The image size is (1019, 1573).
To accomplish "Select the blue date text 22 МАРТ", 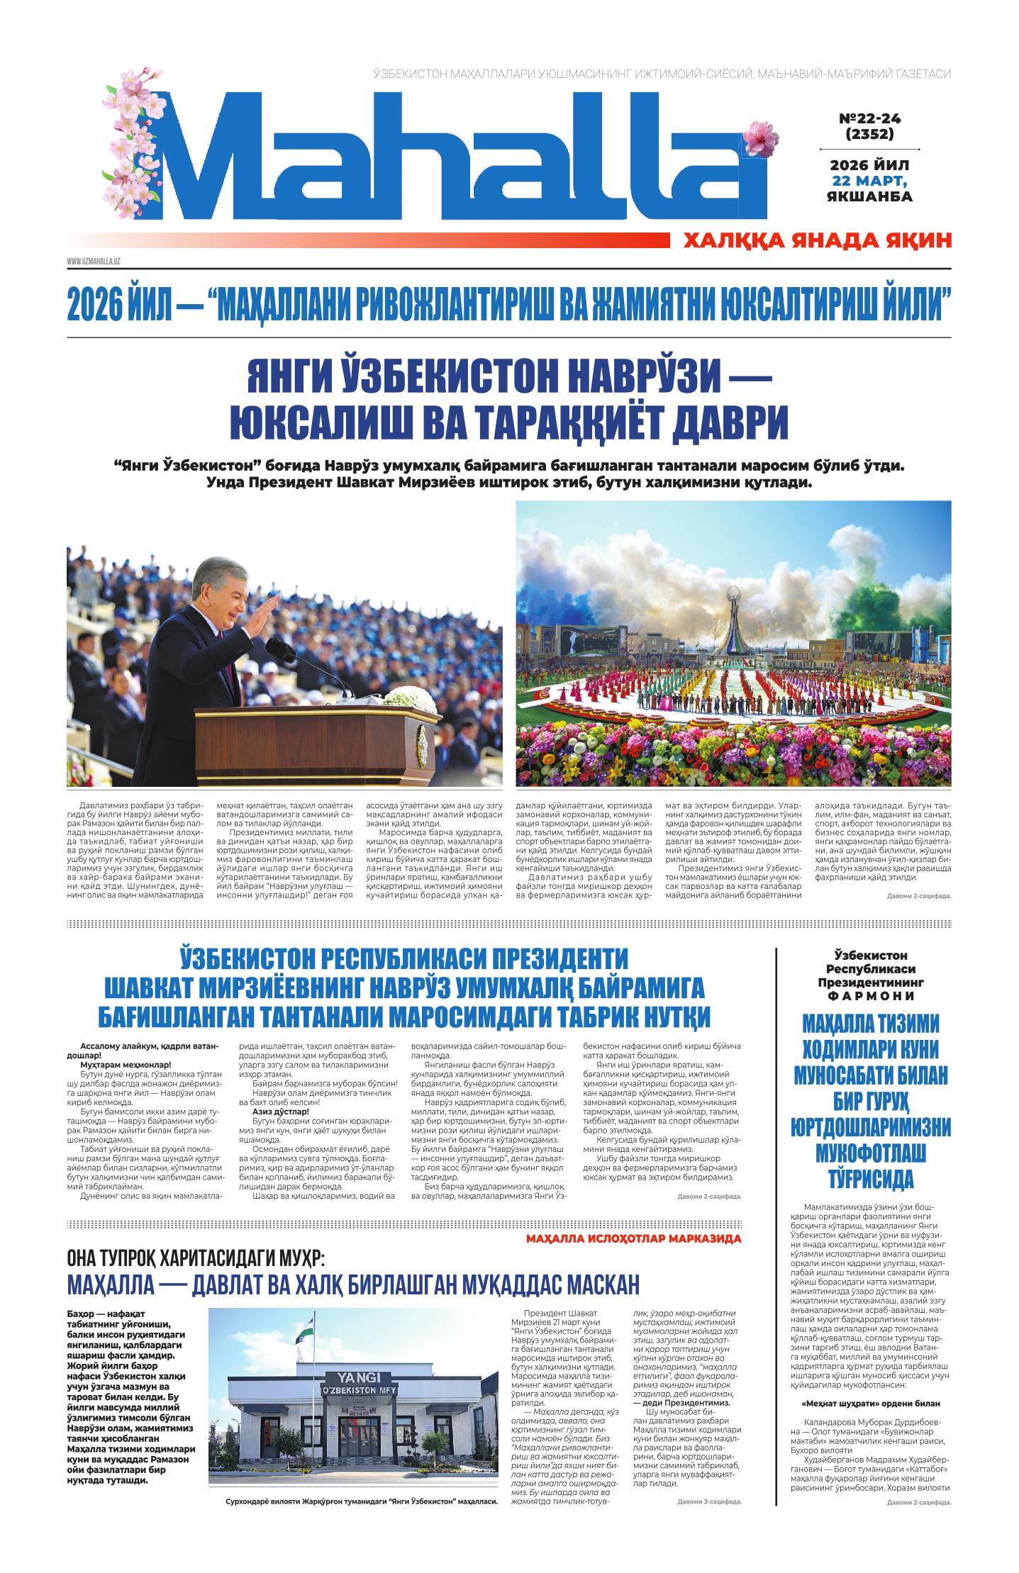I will click(x=869, y=180).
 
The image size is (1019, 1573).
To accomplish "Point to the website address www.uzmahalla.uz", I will click(x=94, y=262).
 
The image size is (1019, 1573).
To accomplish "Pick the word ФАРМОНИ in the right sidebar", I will click(x=874, y=995).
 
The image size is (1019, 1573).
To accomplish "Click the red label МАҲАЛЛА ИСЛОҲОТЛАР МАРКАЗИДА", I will click(x=634, y=1238).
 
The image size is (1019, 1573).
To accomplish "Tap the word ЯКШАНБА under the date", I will click(x=869, y=196).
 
